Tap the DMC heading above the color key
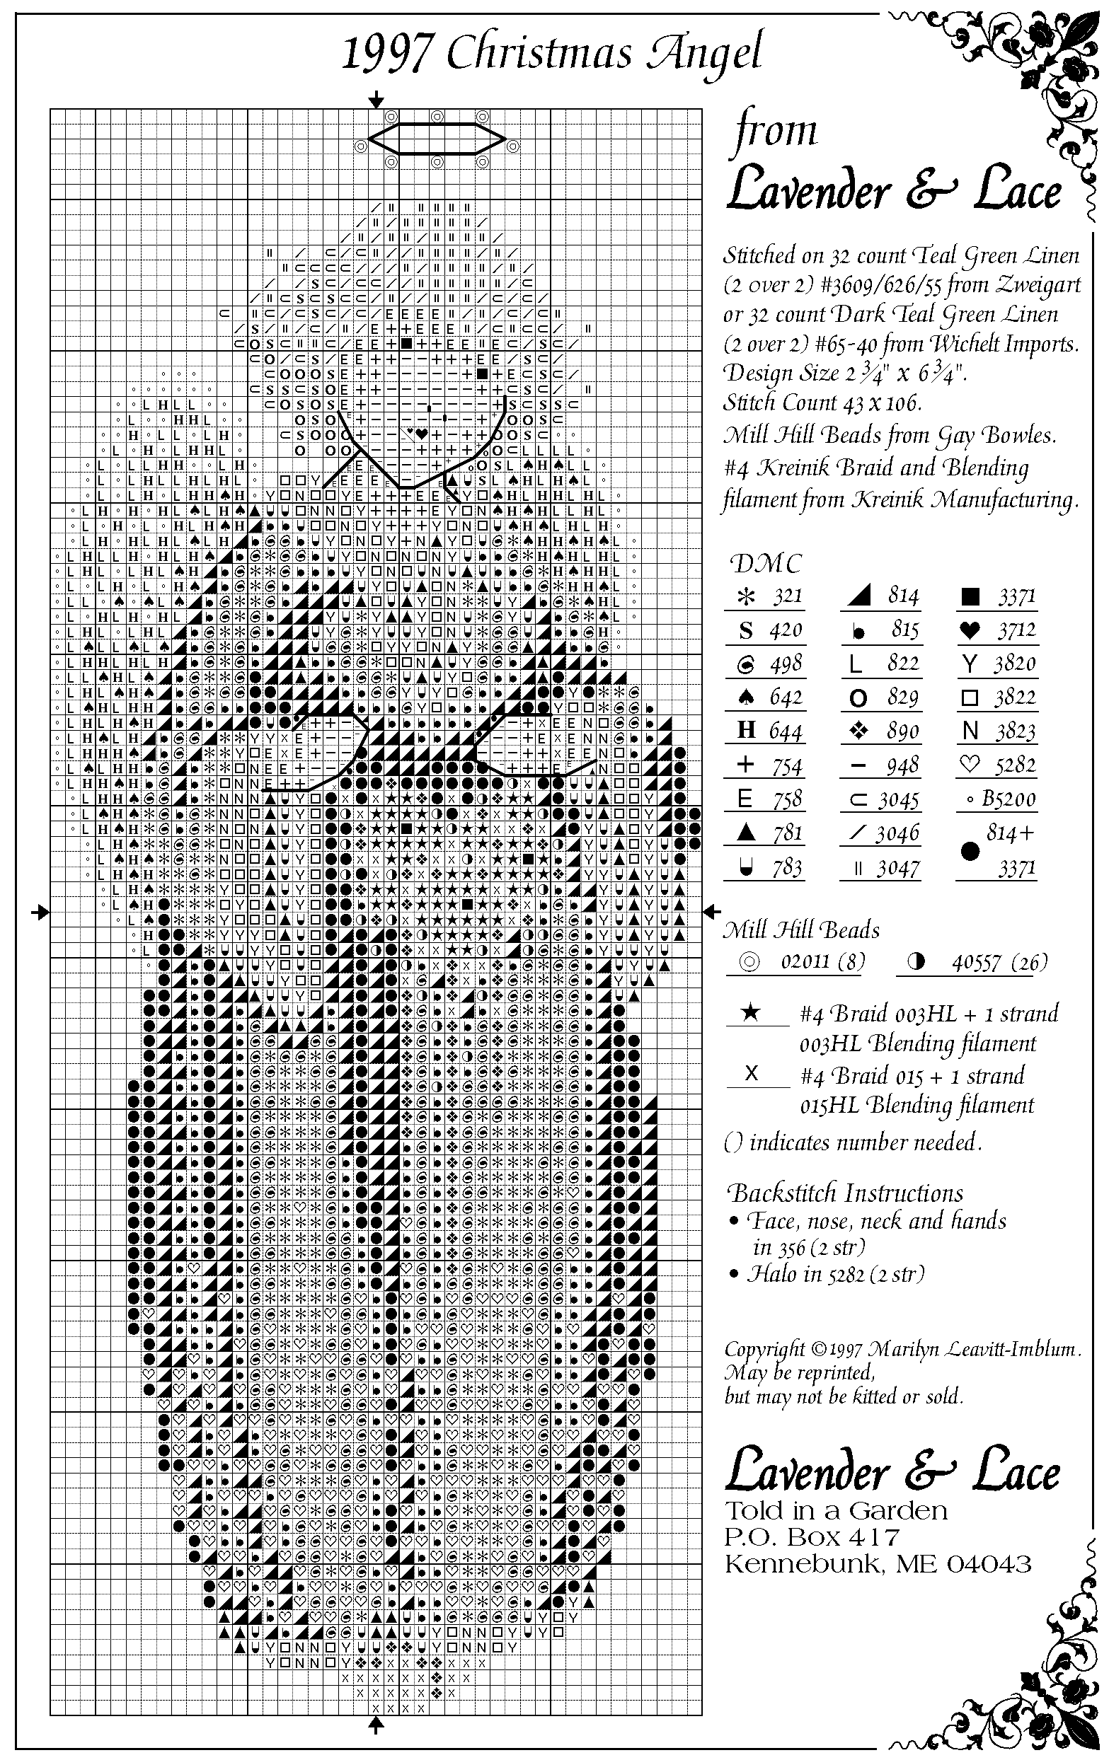766,564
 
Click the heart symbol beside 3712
970,630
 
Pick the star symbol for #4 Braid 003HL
751,1012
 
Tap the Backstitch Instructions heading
844,1193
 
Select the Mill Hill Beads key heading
801,930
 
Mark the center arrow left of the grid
40,911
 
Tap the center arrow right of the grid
712,911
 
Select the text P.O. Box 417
812,1539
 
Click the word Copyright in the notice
763,1349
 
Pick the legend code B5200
1009,799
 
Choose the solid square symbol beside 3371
970,597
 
